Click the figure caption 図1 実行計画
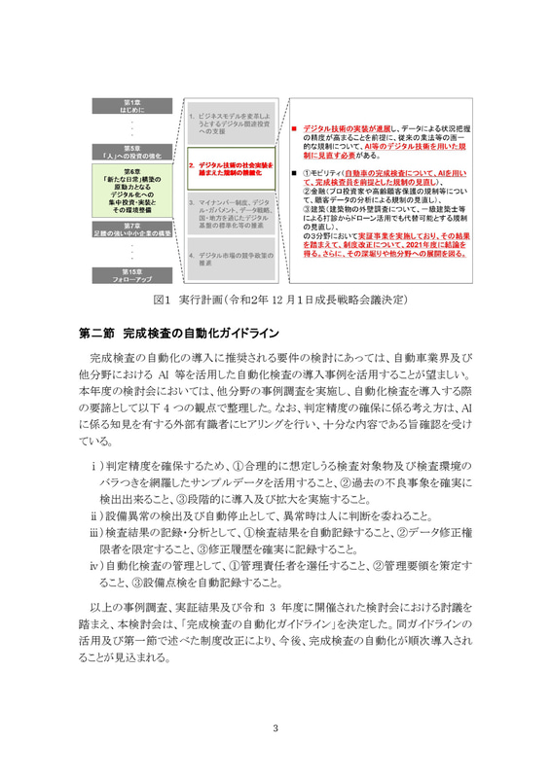275,296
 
